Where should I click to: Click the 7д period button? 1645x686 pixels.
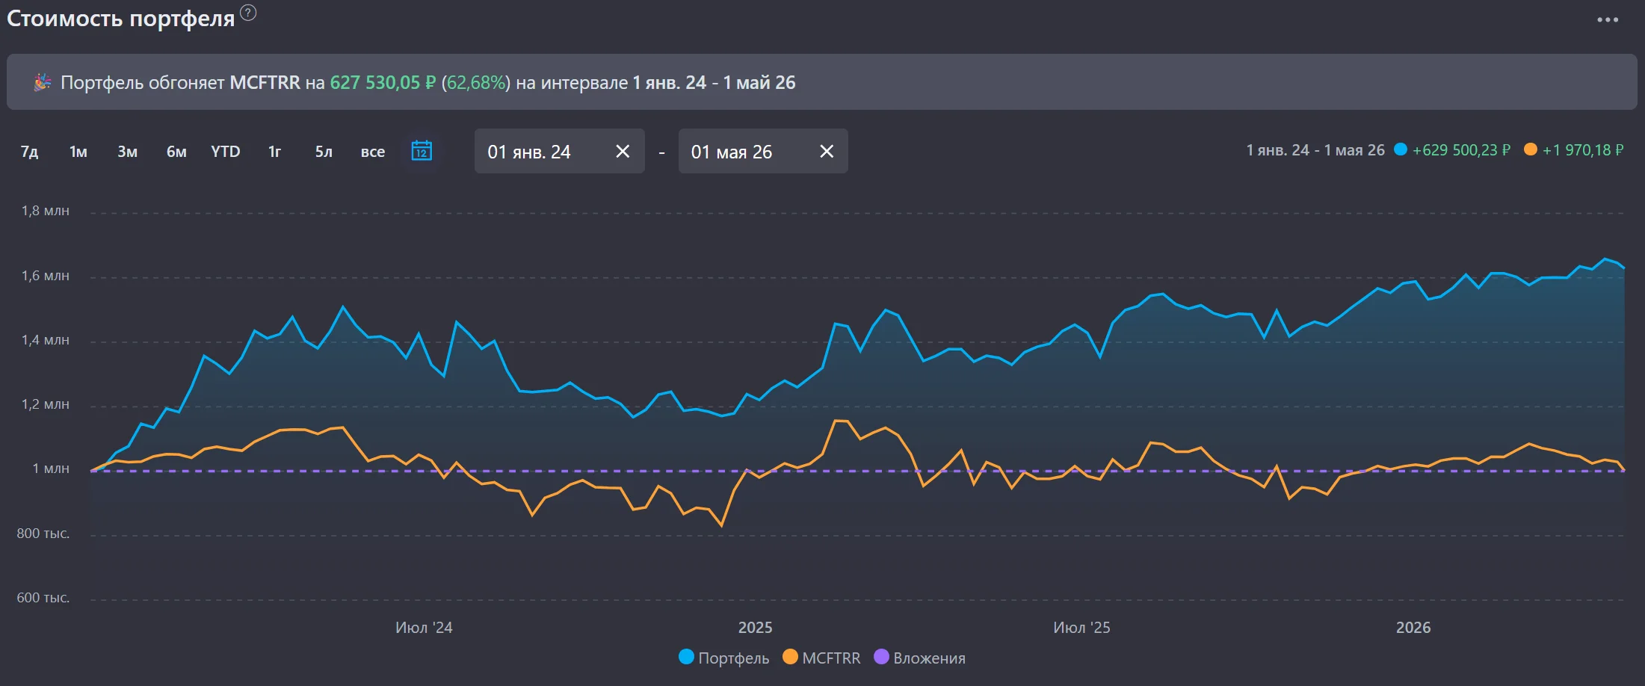[x=29, y=152]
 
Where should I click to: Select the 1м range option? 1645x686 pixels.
[x=78, y=152]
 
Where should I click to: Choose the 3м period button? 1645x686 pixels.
[x=128, y=152]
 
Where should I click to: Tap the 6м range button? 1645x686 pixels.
[x=176, y=152]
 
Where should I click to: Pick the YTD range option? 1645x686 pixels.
[x=226, y=152]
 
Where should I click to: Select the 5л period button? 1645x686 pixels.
[x=324, y=152]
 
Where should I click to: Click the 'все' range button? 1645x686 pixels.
[x=373, y=152]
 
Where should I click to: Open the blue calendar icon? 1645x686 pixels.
[x=422, y=151]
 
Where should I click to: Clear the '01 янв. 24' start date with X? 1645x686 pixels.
[x=623, y=152]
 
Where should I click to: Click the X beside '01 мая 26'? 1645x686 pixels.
[x=827, y=152]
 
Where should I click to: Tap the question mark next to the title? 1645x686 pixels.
[x=248, y=13]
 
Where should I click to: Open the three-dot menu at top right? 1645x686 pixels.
[x=1608, y=19]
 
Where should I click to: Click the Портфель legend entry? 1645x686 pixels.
[x=724, y=658]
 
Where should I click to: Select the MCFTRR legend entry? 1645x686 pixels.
[x=821, y=658]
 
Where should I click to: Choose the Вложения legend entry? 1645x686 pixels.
[x=919, y=658]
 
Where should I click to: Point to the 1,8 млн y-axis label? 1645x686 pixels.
[x=46, y=211]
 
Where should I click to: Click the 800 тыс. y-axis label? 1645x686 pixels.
[x=43, y=534]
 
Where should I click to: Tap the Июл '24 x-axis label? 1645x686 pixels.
[x=424, y=628]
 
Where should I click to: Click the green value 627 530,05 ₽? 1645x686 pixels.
[x=383, y=82]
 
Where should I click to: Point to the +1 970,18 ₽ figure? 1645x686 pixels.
[x=1583, y=150]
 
